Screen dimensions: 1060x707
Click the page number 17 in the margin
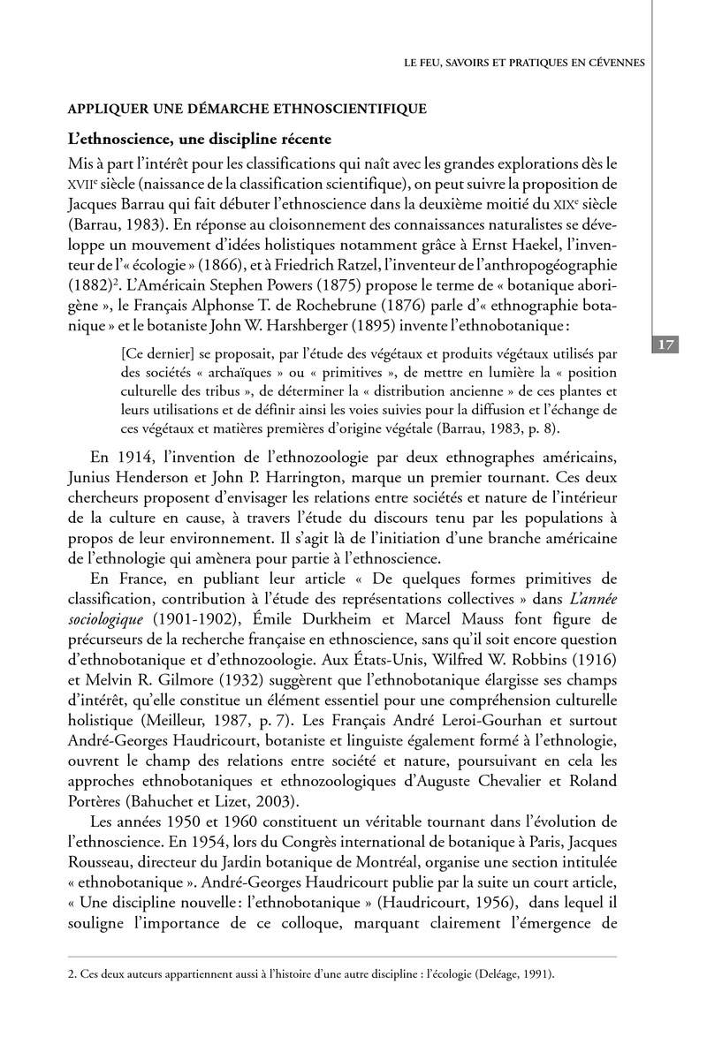point(666,344)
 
